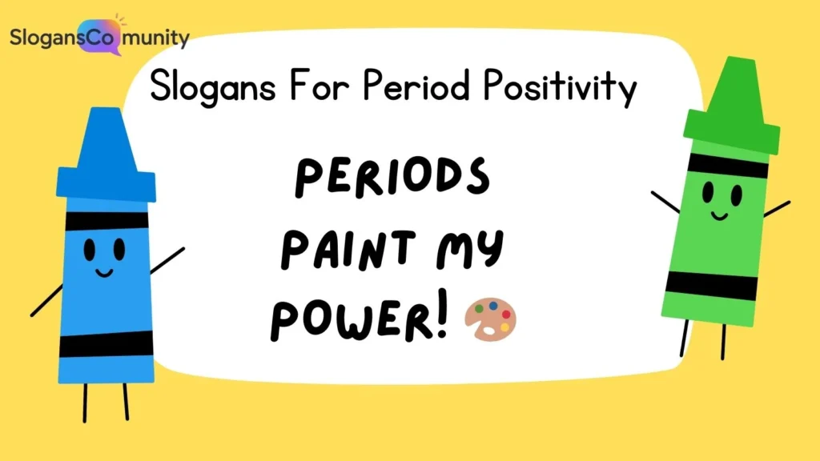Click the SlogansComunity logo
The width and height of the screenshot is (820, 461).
pyautogui.click(x=98, y=37)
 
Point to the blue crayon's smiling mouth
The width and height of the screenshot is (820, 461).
pyautogui.click(x=104, y=272)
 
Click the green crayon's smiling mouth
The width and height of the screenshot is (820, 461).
pyautogui.click(x=718, y=214)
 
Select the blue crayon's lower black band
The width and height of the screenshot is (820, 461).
pyautogui.click(x=107, y=343)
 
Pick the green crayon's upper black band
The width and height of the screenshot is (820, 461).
pyautogui.click(x=728, y=166)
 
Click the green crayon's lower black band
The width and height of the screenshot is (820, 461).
pyautogui.click(x=711, y=285)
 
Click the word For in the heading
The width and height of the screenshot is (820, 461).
pyautogui.click(x=312, y=87)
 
